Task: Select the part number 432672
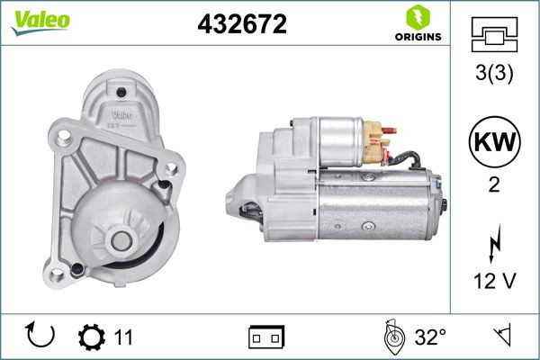(x=241, y=24)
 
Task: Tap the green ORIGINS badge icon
(x=416, y=16)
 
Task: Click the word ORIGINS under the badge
(x=417, y=37)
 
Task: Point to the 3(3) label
(x=495, y=75)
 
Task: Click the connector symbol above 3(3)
(x=495, y=35)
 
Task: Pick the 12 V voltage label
(x=495, y=282)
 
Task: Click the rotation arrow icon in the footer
(x=40, y=337)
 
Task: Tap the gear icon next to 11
(x=91, y=337)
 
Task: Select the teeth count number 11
(x=123, y=337)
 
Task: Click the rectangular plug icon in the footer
(x=265, y=337)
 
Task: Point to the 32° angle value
(x=430, y=337)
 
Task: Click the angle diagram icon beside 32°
(x=392, y=337)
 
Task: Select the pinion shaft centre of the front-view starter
(x=120, y=240)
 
